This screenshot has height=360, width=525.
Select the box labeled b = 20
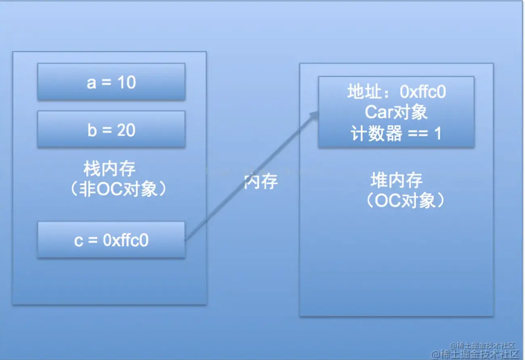click(x=111, y=129)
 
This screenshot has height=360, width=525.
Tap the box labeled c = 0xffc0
click(x=111, y=240)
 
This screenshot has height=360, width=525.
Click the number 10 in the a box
click(x=126, y=83)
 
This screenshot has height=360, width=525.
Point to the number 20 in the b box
click(x=126, y=130)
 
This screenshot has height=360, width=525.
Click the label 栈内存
click(x=109, y=169)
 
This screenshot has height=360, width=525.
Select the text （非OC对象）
click(x=118, y=189)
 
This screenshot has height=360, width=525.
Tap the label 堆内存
click(x=397, y=180)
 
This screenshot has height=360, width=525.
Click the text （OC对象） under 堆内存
click(x=405, y=201)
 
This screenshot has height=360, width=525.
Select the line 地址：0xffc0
click(x=396, y=92)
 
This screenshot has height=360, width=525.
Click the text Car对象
click(x=396, y=113)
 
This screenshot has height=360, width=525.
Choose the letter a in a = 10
click(x=91, y=83)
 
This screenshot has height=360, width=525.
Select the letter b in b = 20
click(x=92, y=130)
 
